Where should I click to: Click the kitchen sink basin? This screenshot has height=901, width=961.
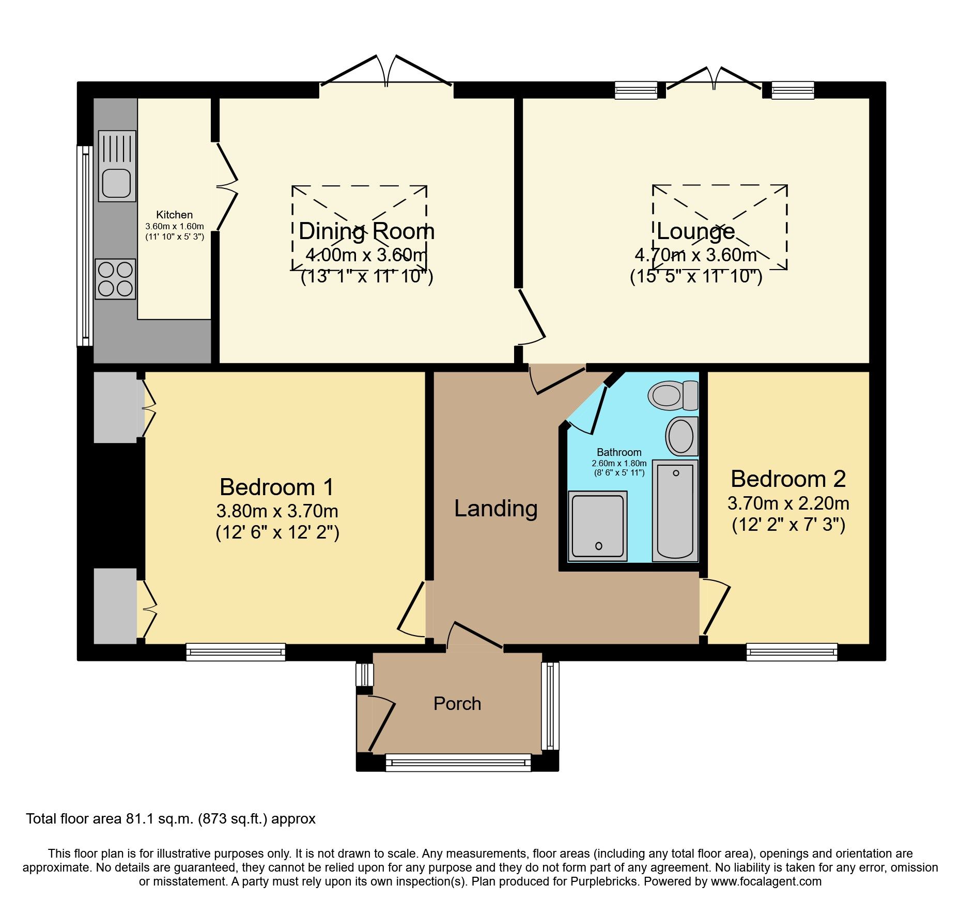117,183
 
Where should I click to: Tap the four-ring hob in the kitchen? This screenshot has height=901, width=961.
116,279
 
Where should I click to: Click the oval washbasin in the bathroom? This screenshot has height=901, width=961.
681,436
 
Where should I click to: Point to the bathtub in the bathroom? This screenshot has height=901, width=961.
675,510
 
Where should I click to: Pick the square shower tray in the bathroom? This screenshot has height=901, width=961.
598,526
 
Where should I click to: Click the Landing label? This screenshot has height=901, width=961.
495,509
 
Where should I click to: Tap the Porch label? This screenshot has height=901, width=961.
457,704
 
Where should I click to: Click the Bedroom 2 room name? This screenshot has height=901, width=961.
788,479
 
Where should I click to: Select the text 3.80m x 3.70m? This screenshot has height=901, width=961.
277,511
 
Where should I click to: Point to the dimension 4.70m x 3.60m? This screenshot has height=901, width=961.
696,255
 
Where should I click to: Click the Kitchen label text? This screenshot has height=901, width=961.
175,215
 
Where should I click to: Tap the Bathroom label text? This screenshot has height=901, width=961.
619,452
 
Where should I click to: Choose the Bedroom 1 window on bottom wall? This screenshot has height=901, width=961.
236,652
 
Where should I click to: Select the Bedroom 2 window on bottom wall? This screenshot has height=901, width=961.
792,652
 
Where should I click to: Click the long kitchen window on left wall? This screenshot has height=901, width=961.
85,246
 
